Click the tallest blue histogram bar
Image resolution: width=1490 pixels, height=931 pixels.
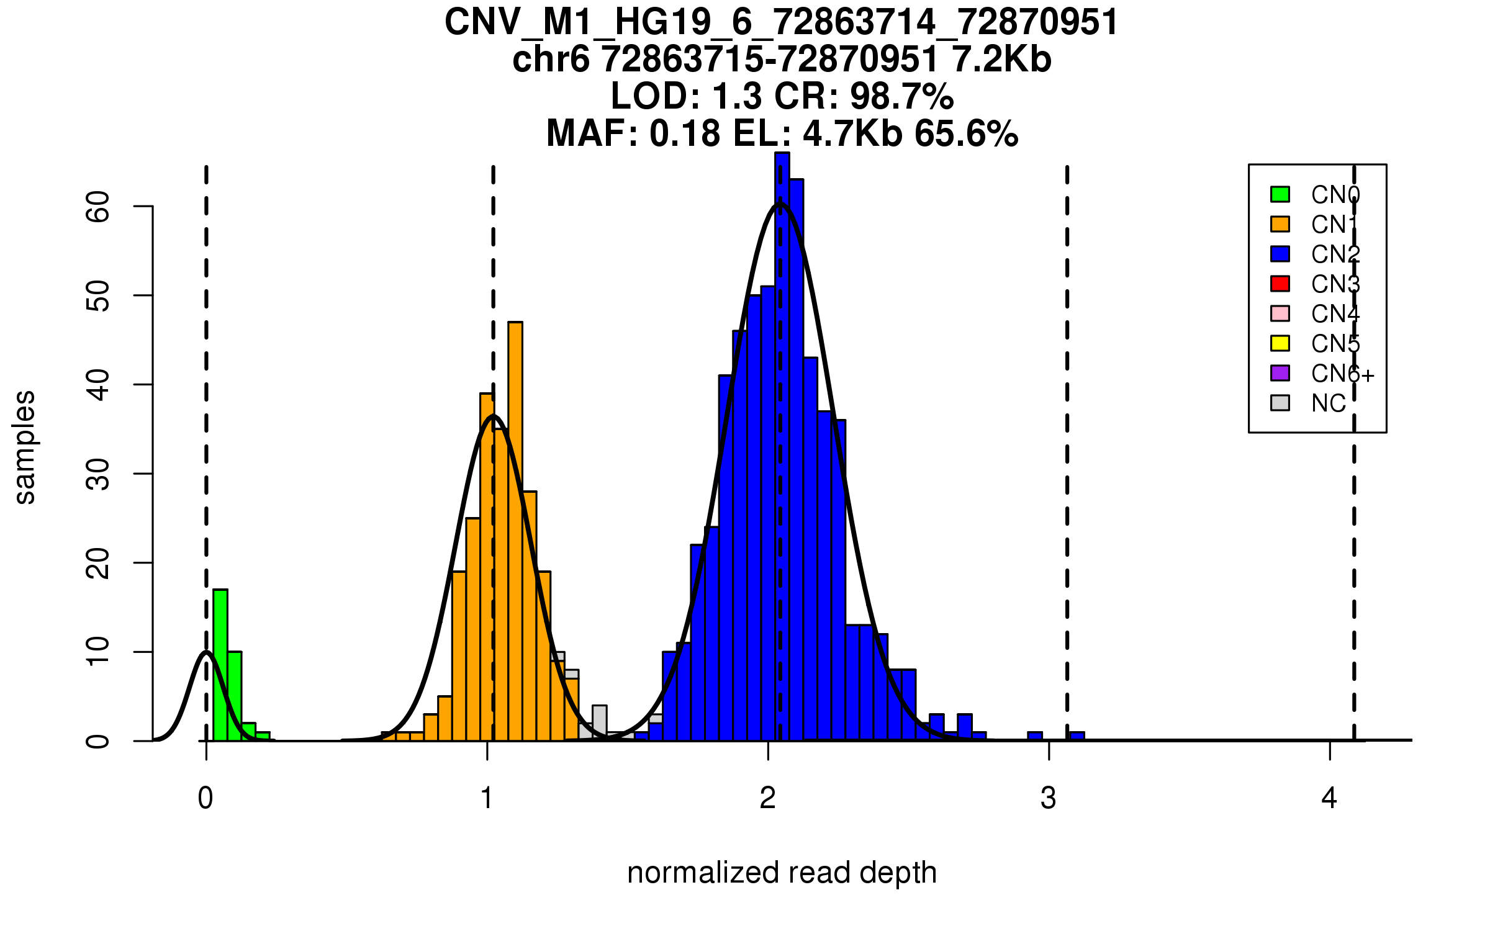pyautogui.click(x=782, y=447)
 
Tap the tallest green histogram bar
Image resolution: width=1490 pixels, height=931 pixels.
pyautogui.click(x=220, y=664)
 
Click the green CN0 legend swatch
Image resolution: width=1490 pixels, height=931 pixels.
pyautogui.click(x=1280, y=194)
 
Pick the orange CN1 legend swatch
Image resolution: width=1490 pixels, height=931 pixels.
pyautogui.click(x=1280, y=224)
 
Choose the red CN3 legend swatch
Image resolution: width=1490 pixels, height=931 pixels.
pyautogui.click(x=1280, y=284)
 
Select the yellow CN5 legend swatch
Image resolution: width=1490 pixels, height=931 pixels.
pyautogui.click(x=1280, y=343)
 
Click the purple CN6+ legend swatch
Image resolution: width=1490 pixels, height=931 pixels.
pyautogui.click(x=1280, y=373)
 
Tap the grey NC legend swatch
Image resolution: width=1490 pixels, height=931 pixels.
pyautogui.click(x=1280, y=403)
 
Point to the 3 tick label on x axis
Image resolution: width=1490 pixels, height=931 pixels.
pyautogui.click(x=1049, y=798)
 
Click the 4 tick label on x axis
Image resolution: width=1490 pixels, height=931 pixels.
pyautogui.click(x=1329, y=798)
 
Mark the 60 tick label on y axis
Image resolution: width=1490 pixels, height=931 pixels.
pyautogui.click(x=98, y=207)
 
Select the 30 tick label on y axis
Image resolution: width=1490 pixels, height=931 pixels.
pyautogui.click(x=98, y=474)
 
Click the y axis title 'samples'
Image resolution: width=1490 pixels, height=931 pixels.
pyautogui.click(x=25, y=447)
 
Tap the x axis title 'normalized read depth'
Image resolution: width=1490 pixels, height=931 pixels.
pyautogui.click(x=782, y=873)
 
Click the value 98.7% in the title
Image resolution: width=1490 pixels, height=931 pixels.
pyautogui.click(x=901, y=96)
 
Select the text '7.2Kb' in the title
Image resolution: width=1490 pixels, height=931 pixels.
pyautogui.click(x=1001, y=60)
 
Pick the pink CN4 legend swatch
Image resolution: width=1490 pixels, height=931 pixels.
pyautogui.click(x=1280, y=313)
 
